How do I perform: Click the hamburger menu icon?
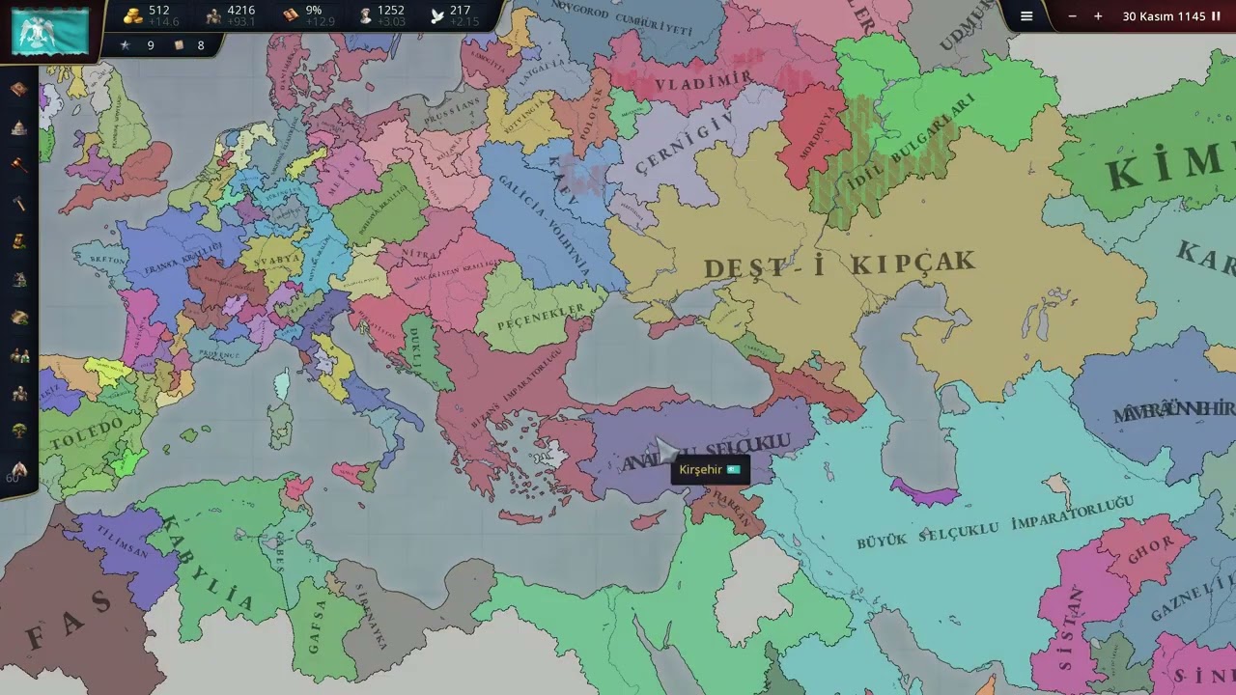[x=1026, y=16]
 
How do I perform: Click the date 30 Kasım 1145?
[x=1164, y=16]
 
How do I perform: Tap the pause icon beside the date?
[x=1216, y=16]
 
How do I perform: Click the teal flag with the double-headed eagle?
[x=50, y=31]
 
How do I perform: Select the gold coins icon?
[x=133, y=15]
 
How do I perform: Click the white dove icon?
[x=437, y=15]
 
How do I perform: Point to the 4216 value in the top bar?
[x=240, y=11]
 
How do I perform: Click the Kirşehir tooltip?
[x=710, y=470]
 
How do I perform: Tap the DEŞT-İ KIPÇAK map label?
[x=839, y=264]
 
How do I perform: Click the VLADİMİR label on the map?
[x=704, y=83]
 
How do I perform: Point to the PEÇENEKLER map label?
[x=542, y=317]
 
